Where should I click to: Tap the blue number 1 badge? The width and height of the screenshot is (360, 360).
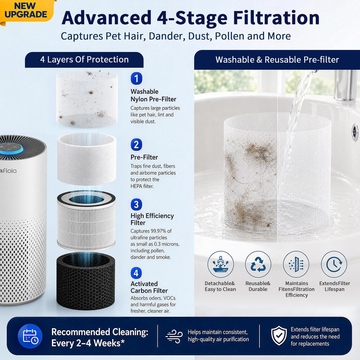(x=136, y=78)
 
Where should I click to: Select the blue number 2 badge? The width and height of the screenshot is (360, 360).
(x=136, y=145)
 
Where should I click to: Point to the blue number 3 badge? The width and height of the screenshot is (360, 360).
(x=136, y=204)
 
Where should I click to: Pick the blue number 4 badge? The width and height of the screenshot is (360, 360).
(x=136, y=273)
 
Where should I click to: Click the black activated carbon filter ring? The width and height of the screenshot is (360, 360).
(x=86, y=281)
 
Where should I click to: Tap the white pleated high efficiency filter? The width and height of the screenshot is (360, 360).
(x=86, y=221)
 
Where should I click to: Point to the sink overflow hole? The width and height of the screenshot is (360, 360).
(x=355, y=132)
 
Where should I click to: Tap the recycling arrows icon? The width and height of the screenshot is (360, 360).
(x=258, y=264)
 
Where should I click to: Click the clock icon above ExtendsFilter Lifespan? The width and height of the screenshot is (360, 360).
(x=334, y=264)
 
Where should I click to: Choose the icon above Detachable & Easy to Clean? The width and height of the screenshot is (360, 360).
(x=221, y=264)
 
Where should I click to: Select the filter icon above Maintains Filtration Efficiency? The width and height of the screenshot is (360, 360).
(x=296, y=264)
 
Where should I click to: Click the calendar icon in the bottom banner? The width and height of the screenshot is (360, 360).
(x=30, y=336)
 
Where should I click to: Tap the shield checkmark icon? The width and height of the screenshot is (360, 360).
(x=279, y=335)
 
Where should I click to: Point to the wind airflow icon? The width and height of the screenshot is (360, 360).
(x=174, y=336)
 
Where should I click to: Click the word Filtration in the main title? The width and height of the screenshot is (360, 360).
(x=276, y=18)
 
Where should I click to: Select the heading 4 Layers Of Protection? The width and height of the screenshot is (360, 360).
(x=84, y=59)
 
